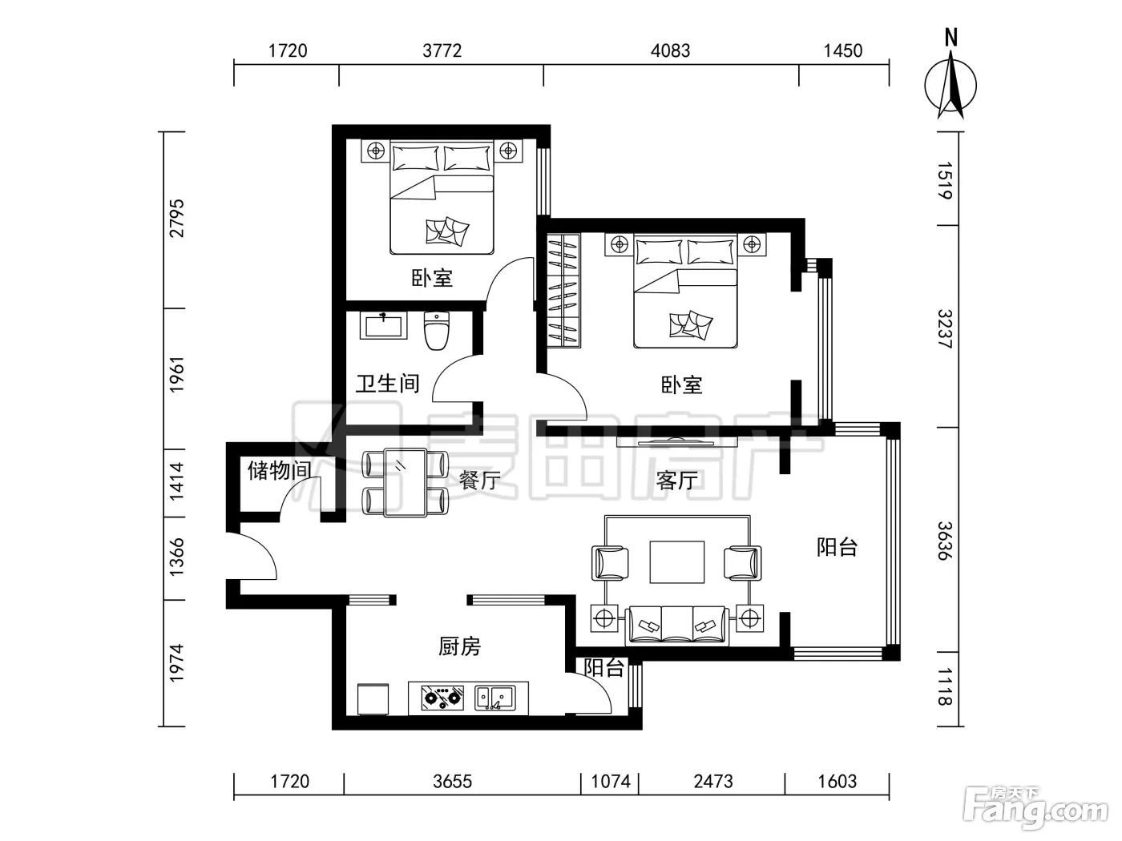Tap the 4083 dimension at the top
[x=670, y=51]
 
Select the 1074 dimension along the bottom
[x=611, y=781]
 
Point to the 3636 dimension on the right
[x=945, y=541]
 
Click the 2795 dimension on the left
[x=176, y=219]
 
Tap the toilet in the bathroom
[x=437, y=330]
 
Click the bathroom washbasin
[x=383, y=325]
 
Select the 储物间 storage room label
[x=280, y=470]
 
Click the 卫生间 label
[x=387, y=384]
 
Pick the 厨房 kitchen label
[x=459, y=646]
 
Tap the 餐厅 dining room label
[x=479, y=481]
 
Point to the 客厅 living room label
[x=677, y=481]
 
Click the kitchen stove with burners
[x=442, y=698]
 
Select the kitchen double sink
[x=495, y=698]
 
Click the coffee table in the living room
[x=676, y=561]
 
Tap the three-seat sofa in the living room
[x=676, y=626]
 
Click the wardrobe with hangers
[x=564, y=291]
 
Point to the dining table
[x=406, y=482]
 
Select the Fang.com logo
[x=1035, y=808]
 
